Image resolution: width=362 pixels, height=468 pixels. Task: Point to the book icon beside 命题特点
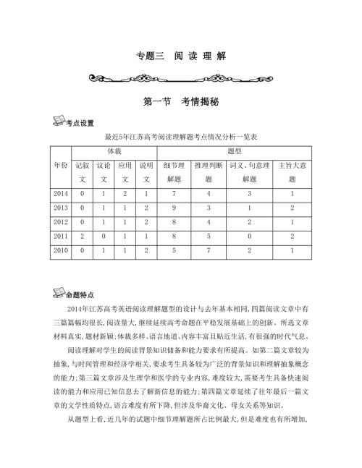point(62,293)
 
